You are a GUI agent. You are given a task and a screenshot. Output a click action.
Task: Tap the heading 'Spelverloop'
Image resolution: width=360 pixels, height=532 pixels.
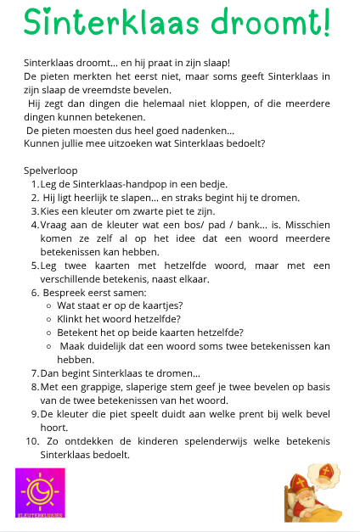tap(50, 171)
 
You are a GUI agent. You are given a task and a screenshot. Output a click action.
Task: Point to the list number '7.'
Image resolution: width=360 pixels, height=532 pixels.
tap(35, 373)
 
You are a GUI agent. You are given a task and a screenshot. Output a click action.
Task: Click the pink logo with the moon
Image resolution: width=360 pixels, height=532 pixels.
tap(39, 492)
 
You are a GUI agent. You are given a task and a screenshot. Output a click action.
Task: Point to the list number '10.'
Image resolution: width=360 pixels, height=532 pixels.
tap(32, 441)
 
